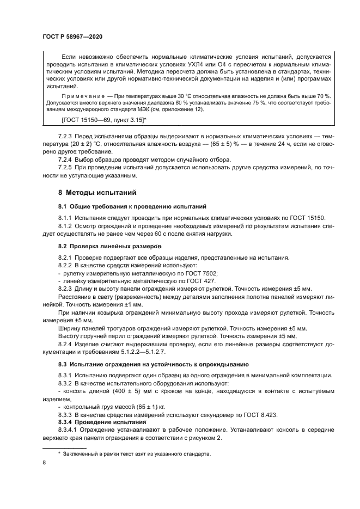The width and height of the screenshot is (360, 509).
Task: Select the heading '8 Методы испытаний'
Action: (x=96, y=193)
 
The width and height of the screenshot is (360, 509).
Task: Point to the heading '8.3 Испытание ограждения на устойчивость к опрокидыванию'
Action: (x=154, y=364)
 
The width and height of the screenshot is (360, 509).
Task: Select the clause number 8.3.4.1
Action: (x=71, y=430)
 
